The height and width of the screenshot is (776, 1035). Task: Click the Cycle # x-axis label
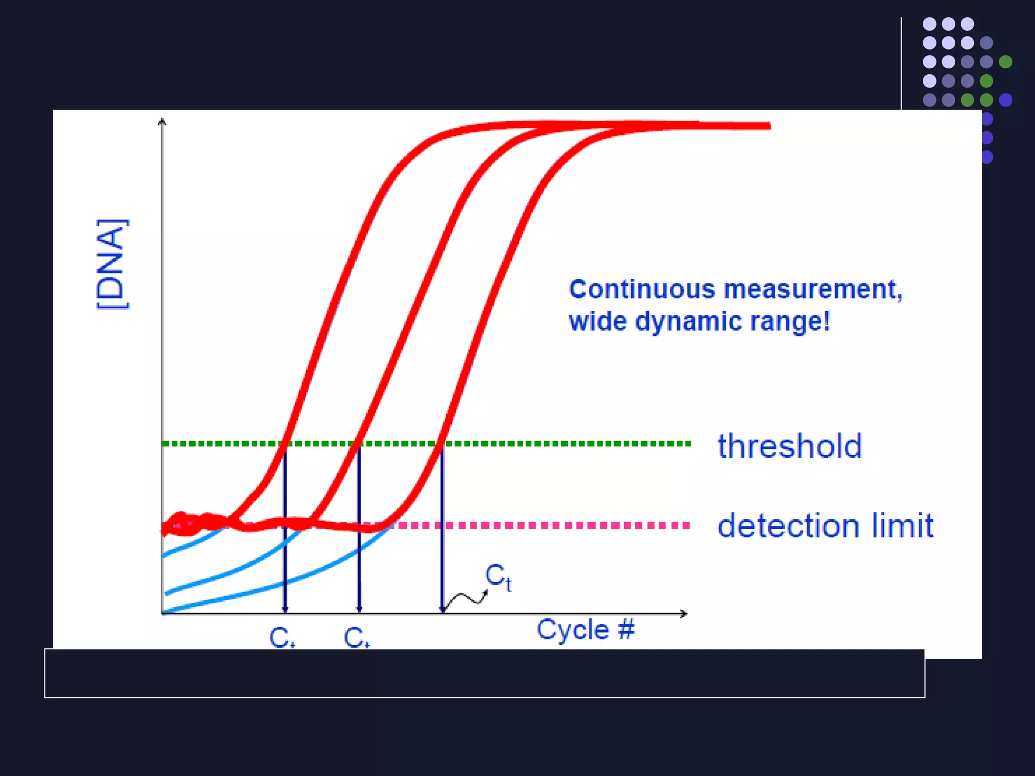point(585,630)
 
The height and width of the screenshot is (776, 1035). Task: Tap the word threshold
point(789,446)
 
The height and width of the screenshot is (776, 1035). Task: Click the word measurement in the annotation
point(813,289)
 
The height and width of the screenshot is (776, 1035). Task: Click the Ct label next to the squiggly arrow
point(498,577)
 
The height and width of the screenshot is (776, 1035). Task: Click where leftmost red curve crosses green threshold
point(285,444)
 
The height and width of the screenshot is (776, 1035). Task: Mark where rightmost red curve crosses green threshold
point(442,444)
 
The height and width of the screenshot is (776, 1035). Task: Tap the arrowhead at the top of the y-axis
point(162,121)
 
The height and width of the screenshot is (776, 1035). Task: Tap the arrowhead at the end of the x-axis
point(684,613)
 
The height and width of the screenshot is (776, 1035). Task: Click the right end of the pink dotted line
point(687,525)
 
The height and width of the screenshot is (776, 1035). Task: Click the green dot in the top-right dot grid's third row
point(1006,62)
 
